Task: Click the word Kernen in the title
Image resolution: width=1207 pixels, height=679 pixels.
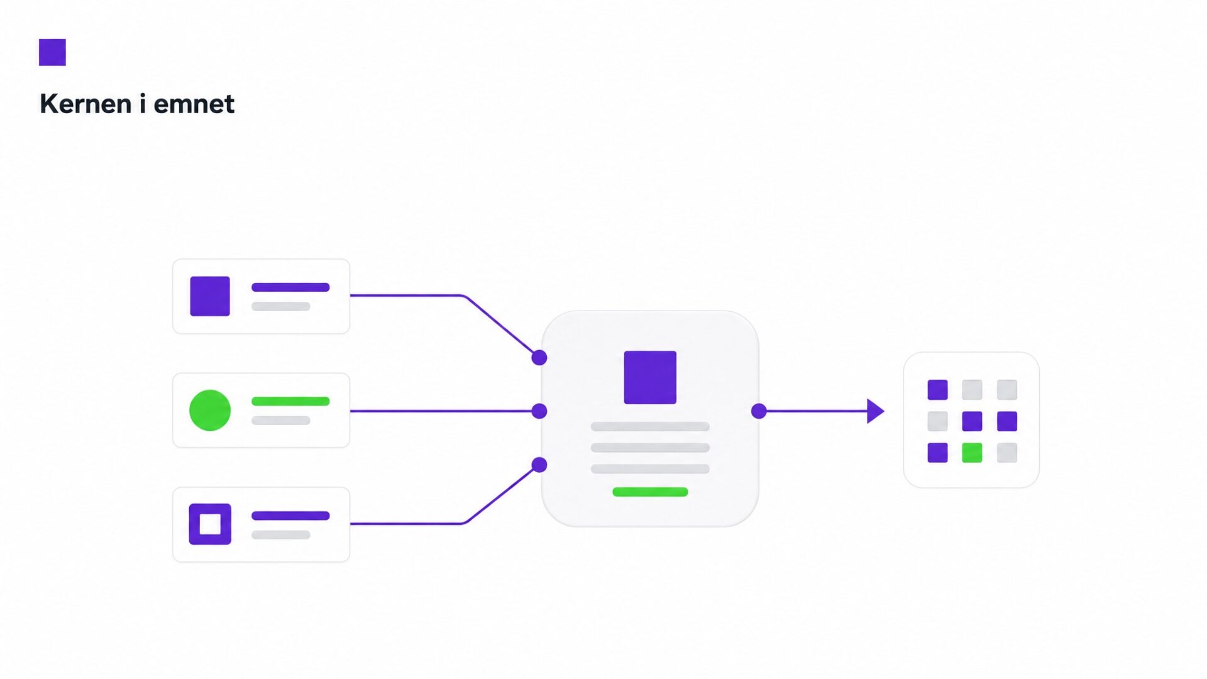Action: (85, 104)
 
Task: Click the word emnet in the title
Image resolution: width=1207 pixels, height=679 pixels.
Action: (194, 104)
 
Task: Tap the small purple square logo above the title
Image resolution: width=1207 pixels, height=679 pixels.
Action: (52, 52)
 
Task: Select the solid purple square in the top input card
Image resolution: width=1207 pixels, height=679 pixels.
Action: (210, 296)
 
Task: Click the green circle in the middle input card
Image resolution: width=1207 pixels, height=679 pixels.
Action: (210, 411)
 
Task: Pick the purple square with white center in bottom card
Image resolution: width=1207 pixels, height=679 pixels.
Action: (210, 524)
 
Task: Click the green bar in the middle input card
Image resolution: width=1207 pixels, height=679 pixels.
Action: (290, 401)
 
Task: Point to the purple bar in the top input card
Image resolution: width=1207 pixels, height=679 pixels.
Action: (290, 287)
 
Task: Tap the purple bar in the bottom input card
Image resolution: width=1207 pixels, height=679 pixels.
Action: (290, 516)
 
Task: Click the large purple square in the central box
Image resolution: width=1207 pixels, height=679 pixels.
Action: (650, 377)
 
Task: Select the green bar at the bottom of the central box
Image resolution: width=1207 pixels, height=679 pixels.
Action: (650, 492)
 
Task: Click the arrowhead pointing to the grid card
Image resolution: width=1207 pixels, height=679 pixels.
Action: (876, 411)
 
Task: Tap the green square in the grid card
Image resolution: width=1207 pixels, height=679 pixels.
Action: (972, 453)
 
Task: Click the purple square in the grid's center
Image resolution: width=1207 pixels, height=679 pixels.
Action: (972, 421)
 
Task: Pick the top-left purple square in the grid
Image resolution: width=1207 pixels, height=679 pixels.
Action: (937, 390)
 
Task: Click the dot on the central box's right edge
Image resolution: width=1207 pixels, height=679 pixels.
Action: (759, 411)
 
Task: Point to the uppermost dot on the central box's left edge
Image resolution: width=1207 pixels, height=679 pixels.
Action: (539, 358)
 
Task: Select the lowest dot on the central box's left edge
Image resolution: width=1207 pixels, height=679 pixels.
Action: (539, 465)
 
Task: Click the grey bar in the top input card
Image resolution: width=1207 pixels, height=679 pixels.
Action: (281, 307)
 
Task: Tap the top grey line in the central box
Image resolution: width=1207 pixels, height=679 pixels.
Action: (650, 427)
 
